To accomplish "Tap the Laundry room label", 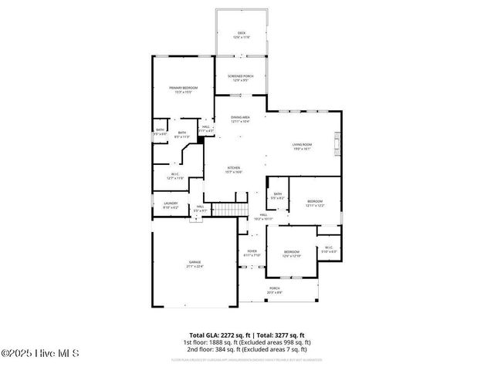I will [x=170, y=205].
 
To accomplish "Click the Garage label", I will [x=195, y=264].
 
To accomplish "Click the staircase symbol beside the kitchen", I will [x=229, y=210].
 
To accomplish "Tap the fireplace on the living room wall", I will [x=337, y=143].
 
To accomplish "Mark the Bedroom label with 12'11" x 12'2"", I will [x=315, y=203].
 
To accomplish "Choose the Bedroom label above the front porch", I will [x=291, y=254].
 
